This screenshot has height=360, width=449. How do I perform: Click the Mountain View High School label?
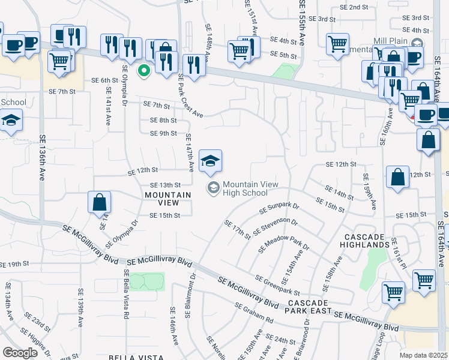point(244,188)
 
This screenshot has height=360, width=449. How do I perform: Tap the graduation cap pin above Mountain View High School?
point(210,161)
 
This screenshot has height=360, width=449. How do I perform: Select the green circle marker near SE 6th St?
point(143,71)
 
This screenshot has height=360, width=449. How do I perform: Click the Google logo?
point(20,353)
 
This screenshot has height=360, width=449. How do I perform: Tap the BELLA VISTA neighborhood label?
point(135,356)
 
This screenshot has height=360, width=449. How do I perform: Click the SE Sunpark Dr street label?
point(279,209)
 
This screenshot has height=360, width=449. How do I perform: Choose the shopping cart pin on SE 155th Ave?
point(337,43)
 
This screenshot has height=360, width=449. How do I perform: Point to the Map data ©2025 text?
point(424,355)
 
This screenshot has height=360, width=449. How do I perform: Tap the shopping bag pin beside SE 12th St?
point(398,178)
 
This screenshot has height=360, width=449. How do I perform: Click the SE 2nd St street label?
point(354,7)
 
